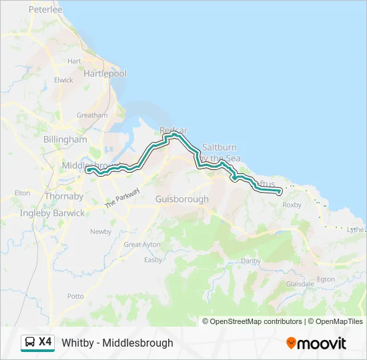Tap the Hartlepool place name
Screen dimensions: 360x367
tap(105, 73)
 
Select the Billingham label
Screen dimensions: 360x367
tap(65, 139)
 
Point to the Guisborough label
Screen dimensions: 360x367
tap(181, 199)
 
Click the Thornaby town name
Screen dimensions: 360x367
tap(64, 196)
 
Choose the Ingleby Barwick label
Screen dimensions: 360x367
tap(53, 213)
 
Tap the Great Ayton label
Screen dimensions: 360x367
tap(142, 245)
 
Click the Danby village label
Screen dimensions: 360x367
tap(251, 261)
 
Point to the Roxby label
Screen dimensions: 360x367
tap(292, 205)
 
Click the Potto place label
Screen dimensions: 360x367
tap(75, 295)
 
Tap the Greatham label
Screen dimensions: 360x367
tap(91, 115)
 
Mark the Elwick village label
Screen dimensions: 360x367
tap(64, 80)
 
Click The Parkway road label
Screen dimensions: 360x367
tap(123, 199)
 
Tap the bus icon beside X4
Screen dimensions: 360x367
tap(30, 343)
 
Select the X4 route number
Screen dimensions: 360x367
tap(45, 342)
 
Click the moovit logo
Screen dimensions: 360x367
tap(316, 343)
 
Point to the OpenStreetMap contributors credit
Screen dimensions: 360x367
tap(256, 321)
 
